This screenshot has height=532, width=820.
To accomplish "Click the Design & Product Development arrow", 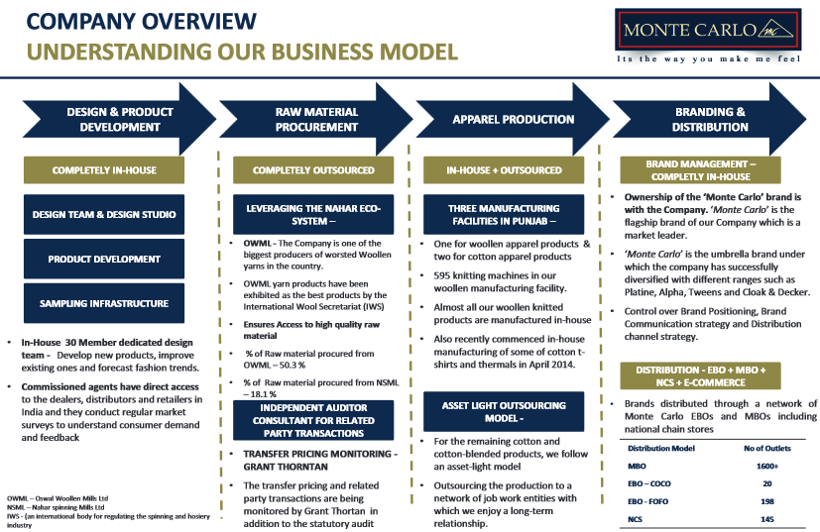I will pos(112,120).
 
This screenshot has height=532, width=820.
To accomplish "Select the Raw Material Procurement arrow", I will pos(315,120).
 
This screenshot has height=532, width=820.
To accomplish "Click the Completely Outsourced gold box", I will pos(313,170).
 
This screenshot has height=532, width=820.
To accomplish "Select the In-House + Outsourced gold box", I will pos(504,170).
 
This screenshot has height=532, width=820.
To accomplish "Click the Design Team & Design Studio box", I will pos(104,214).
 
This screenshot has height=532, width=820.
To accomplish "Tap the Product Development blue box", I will pos(104,259).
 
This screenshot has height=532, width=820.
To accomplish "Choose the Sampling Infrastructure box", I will pos(104,303).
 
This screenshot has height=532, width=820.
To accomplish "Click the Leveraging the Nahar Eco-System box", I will pos(313,214).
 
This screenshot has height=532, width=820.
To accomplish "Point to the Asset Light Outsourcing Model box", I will pos(504,411).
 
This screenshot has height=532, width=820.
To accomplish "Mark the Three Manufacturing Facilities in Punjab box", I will pos(504,214).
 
